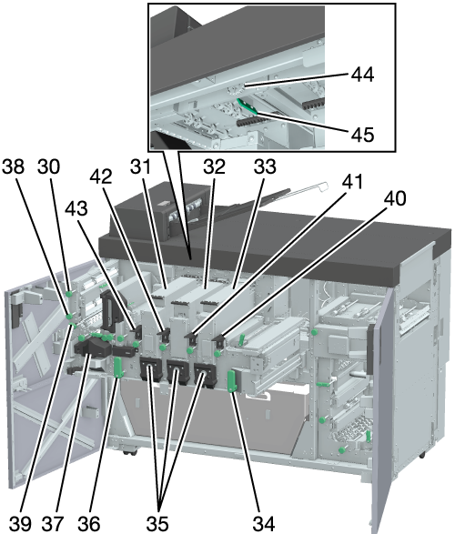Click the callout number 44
coord(362,75)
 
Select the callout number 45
coord(362,134)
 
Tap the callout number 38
coord(14,166)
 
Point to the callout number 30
coord(48,166)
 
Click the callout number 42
coord(101,176)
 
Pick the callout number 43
coord(76,208)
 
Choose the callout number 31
coord(140,166)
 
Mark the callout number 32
coord(215,166)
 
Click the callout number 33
coord(265,166)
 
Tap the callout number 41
coord(352,182)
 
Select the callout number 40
coord(395,198)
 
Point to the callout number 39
coord(20,523)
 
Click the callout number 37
coord(53,523)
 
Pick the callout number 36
coord(89,523)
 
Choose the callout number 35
coord(157,523)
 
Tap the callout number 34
coord(264,523)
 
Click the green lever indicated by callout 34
coord(231,381)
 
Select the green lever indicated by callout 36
coord(118,368)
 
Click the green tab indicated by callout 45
coord(248,106)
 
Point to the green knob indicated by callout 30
coord(69,293)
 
